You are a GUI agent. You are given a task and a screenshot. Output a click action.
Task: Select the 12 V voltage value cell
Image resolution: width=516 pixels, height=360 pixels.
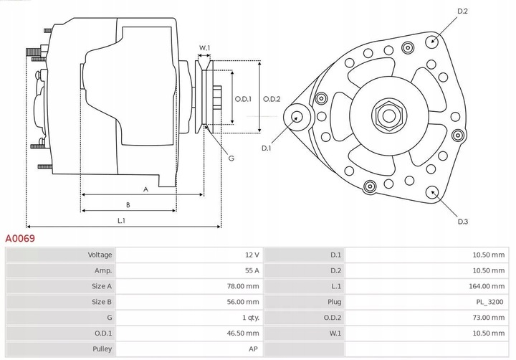[x=251, y=255]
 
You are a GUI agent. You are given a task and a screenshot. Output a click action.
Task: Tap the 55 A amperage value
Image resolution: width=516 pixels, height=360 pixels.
[x=251, y=270]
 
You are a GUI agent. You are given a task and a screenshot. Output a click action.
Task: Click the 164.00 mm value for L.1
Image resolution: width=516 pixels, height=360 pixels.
[x=488, y=286]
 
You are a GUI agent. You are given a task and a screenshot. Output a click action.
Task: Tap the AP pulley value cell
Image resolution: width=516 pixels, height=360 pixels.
[x=254, y=349]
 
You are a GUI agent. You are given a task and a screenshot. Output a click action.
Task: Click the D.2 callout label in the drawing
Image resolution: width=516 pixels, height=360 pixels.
[x=462, y=11]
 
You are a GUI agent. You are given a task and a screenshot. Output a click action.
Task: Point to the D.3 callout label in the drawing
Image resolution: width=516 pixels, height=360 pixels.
[x=462, y=222]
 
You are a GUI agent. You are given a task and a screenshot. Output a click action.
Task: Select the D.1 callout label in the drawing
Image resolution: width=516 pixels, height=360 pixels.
[x=266, y=148]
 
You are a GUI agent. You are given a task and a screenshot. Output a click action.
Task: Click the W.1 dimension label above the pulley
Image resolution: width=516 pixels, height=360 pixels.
[x=204, y=48]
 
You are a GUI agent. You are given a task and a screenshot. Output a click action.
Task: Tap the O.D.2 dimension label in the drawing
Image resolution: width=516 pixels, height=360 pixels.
[x=272, y=99]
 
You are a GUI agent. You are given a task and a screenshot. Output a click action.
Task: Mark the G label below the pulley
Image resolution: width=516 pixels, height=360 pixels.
[x=231, y=158]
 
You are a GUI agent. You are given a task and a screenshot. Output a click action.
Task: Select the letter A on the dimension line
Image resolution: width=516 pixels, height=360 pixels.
[x=145, y=189]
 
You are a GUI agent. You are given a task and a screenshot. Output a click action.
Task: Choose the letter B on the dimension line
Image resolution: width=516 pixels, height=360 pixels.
[x=128, y=205]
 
